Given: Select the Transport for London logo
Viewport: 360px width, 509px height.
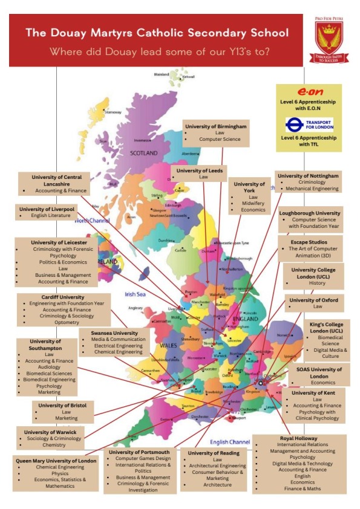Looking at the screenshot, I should point(309,125).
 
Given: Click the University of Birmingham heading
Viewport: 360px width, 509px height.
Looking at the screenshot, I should point(215,126).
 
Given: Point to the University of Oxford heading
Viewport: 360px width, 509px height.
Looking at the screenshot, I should point(314,299).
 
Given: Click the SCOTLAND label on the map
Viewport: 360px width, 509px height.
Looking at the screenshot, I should point(143,154).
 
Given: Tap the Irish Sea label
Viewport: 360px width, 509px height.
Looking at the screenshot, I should point(137,294).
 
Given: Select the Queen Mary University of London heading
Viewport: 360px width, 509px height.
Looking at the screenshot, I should point(56,460).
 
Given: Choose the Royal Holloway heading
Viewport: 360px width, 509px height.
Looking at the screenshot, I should point(299,438).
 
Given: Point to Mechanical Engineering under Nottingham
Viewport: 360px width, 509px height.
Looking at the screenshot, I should point(312,189).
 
